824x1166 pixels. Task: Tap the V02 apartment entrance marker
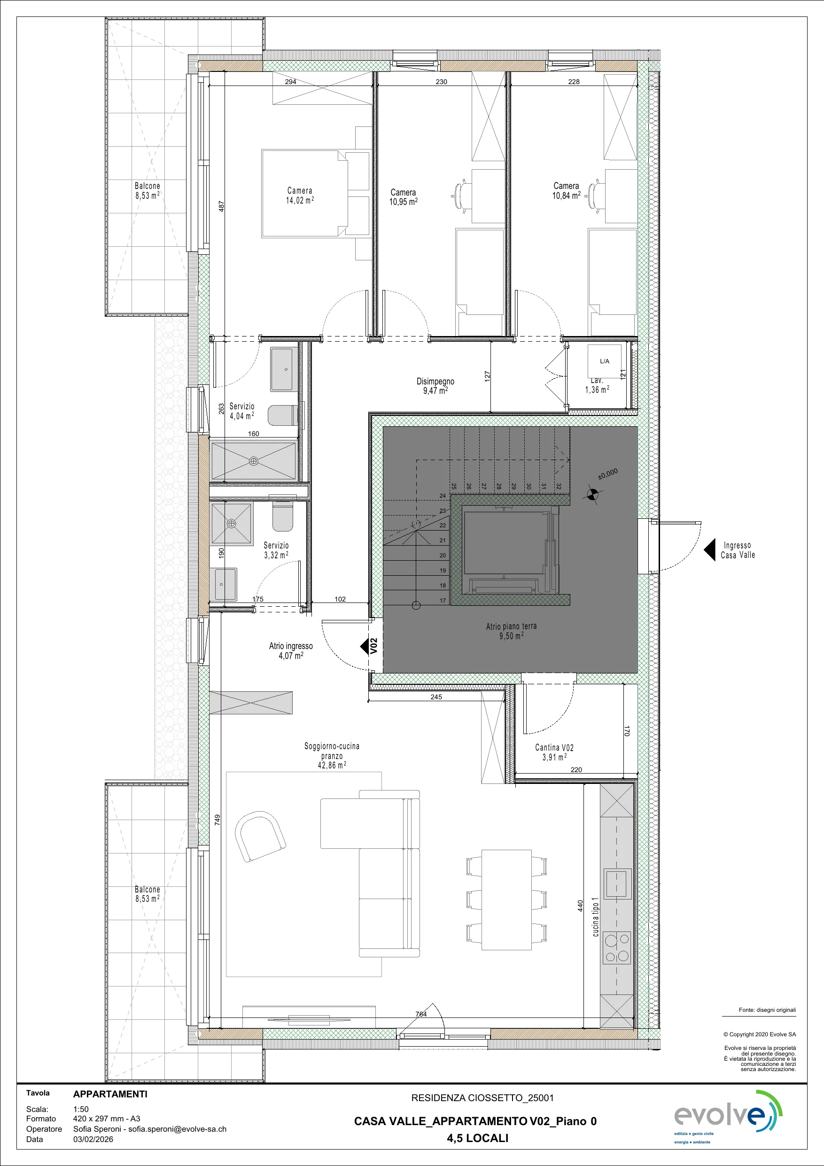[370, 646]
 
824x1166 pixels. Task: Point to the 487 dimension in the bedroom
[221, 206]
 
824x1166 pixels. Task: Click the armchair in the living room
[260, 837]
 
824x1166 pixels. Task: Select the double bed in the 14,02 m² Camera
[315, 193]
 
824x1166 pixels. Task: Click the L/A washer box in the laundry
[604, 361]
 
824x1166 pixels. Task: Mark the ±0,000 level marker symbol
[592, 493]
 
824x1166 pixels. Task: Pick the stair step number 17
[443, 601]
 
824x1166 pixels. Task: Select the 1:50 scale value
[81, 1110]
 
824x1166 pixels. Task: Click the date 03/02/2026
[93, 1139]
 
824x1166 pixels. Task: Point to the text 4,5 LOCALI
[478, 1138]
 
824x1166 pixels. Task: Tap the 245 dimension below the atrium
[436, 697]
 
